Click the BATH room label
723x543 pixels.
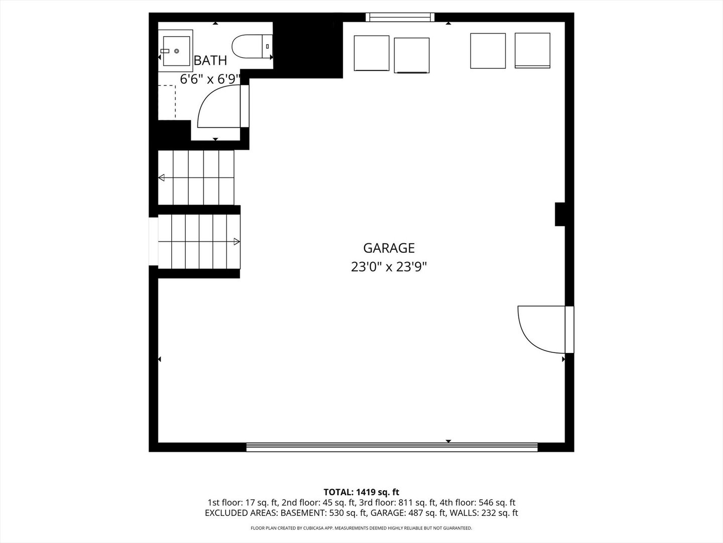(210, 61)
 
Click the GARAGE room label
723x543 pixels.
(389, 248)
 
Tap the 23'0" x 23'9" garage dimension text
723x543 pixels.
(389, 267)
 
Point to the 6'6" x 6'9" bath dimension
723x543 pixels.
(210, 79)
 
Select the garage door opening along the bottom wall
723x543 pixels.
(392, 447)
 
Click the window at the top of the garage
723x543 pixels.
(400, 17)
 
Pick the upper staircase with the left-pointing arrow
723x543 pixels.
(196, 177)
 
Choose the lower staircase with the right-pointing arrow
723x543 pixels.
(199, 242)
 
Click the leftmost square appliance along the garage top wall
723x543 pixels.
(372, 53)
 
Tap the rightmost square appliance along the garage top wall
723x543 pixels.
(532, 50)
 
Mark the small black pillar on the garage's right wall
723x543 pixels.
(560, 214)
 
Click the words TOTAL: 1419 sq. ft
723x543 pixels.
(361, 492)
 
